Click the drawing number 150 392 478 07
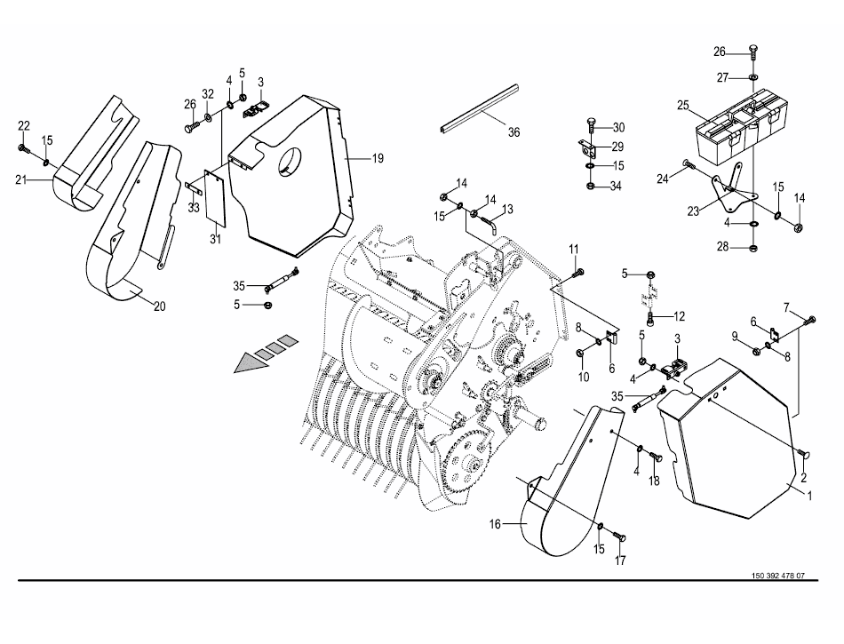[x=777, y=576]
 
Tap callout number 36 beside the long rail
[x=514, y=131]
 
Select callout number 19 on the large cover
[x=378, y=158]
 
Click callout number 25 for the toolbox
[x=683, y=106]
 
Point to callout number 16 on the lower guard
[x=495, y=523]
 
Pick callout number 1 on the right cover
[x=809, y=496]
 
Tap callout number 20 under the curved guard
[x=159, y=306]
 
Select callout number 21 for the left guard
[x=21, y=179]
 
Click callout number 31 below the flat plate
[x=215, y=239]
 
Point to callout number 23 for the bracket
[x=693, y=211]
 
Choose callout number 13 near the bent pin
[x=507, y=209]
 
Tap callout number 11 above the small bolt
[x=574, y=249]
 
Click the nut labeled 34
[x=590, y=187]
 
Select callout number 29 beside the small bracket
[x=617, y=147]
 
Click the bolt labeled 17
[x=620, y=537]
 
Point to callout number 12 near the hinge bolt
[x=680, y=316]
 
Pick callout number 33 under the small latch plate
[x=194, y=208]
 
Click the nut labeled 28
[x=753, y=248]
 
